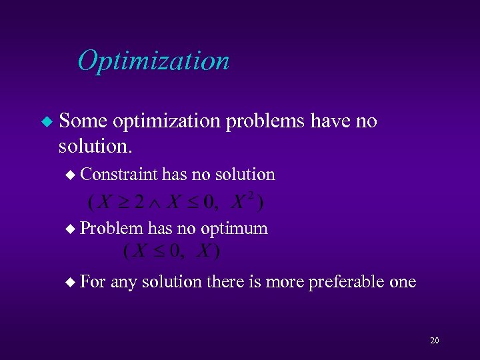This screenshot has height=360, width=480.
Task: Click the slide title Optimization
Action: [153, 61]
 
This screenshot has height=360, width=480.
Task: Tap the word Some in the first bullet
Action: [83, 121]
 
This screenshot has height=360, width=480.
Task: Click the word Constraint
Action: [119, 175]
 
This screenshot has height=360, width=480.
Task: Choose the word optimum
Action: [235, 229]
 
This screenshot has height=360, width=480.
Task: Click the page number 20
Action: [435, 341]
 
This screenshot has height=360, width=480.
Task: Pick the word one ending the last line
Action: [403, 282]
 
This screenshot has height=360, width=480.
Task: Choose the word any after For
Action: [123, 283]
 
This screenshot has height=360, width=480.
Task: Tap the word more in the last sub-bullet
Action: [283, 282]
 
